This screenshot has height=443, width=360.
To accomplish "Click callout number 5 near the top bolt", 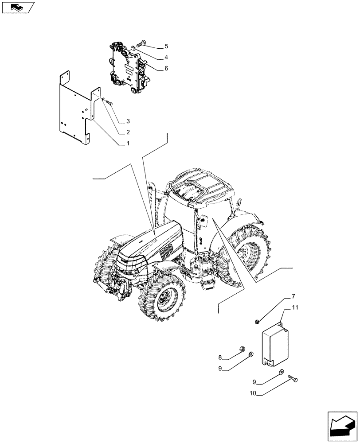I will (154, 47).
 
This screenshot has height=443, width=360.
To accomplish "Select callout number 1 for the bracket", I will (128, 144).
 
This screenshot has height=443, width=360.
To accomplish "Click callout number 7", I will (293, 296).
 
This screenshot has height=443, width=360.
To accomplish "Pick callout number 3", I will (128, 121).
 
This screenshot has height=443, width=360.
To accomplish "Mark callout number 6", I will (154, 68).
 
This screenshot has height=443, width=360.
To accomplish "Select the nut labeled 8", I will (243, 349).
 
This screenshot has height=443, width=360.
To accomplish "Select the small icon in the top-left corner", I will (18, 7).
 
